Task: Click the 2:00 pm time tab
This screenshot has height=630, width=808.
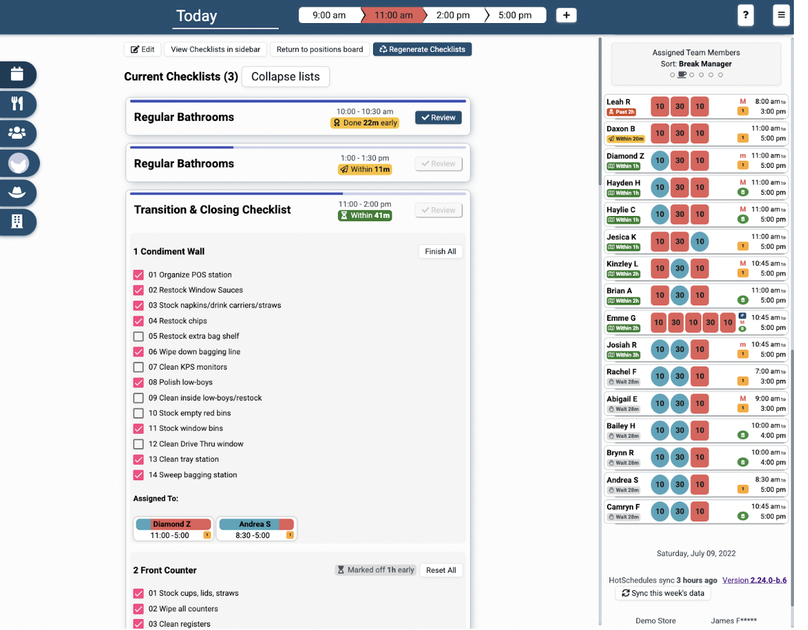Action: coord(453,15)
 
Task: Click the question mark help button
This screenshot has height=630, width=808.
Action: coord(745,15)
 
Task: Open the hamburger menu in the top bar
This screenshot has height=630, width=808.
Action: coord(781,15)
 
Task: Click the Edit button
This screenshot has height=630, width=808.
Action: coord(143,50)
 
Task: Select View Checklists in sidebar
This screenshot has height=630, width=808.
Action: coord(215,50)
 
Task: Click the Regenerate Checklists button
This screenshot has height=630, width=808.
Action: coord(422,50)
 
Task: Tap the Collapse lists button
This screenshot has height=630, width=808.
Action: coord(285,76)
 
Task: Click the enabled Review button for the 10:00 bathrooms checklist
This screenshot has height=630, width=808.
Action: coord(438,118)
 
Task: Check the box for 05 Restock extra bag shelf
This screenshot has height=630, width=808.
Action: coord(138,336)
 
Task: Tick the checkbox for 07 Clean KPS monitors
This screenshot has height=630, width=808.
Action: coord(138,367)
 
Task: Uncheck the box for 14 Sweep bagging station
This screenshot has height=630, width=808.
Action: coord(138,475)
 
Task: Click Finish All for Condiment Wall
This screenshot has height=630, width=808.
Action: coord(440,251)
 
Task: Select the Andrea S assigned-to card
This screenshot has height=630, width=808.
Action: coord(256,529)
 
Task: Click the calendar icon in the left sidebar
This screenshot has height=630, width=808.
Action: coord(17,75)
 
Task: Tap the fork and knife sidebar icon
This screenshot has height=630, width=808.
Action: coord(17,104)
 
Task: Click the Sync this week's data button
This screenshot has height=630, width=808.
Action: coord(663,593)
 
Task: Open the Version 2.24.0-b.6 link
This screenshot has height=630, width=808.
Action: coord(754,580)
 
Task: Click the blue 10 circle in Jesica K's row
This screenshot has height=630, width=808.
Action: coord(699,242)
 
